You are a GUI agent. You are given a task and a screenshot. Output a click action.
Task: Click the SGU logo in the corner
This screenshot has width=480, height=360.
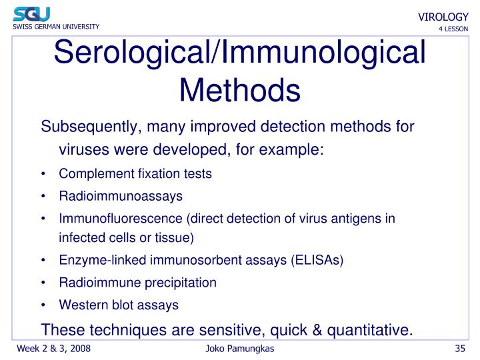click(31, 13)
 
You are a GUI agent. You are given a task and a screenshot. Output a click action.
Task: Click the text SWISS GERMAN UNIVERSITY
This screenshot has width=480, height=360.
click(56, 27)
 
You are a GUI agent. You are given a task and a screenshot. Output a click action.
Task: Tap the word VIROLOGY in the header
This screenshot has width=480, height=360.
click(443, 17)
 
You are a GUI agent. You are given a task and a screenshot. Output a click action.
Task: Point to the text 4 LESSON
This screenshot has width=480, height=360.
click(453, 29)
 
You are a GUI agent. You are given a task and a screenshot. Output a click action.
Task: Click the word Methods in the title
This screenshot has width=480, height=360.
click(240, 89)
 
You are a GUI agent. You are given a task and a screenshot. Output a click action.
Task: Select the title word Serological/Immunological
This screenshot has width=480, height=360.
click(240, 53)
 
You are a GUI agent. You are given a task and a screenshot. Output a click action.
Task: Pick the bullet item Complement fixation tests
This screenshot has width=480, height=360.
click(135, 174)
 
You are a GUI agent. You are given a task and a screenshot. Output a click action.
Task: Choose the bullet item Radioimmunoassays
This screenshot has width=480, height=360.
click(121, 196)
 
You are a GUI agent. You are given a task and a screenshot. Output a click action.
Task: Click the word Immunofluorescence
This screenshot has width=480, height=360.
click(121, 219)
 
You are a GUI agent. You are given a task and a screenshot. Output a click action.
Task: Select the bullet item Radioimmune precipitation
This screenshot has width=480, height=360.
click(137, 282)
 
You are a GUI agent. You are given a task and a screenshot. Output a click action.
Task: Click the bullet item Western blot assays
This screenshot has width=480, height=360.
click(119, 305)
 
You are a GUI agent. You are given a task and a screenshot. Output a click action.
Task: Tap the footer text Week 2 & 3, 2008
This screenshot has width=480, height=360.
click(53, 349)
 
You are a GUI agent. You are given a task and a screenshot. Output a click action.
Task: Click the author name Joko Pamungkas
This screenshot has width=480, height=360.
click(240, 349)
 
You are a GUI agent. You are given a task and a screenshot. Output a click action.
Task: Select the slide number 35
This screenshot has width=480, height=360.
click(459, 349)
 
